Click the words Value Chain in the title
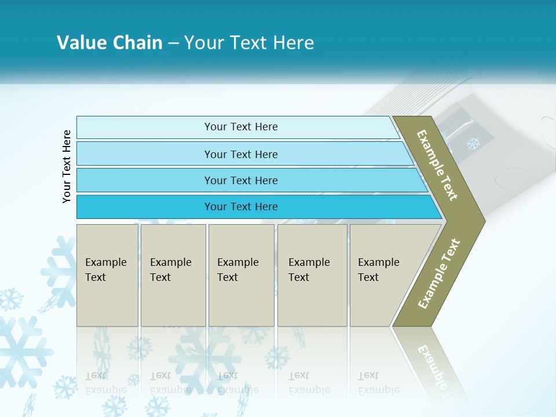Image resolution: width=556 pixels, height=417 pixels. point(109,43)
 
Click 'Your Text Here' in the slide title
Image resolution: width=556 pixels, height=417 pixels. point(249,43)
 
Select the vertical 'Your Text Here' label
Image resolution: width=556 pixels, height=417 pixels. point(67,166)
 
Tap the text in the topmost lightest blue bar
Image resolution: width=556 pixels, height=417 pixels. point(241,127)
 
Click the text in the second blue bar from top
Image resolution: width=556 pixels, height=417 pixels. point(241,155)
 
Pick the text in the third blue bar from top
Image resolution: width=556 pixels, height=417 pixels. point(241,181)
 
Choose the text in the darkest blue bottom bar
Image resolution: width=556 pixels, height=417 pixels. point(241,207)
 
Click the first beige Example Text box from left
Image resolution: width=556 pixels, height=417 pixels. point(107,270)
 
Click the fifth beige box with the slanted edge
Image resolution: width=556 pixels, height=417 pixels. point(379,270)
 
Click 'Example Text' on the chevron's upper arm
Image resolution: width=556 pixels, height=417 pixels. point(437,165)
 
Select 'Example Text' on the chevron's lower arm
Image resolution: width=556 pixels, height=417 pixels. point(439,274)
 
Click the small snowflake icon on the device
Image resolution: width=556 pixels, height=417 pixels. point(474,144)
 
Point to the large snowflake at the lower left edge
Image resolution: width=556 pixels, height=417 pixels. point(23,350)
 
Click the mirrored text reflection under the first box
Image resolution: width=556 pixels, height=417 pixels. point(106,383)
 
